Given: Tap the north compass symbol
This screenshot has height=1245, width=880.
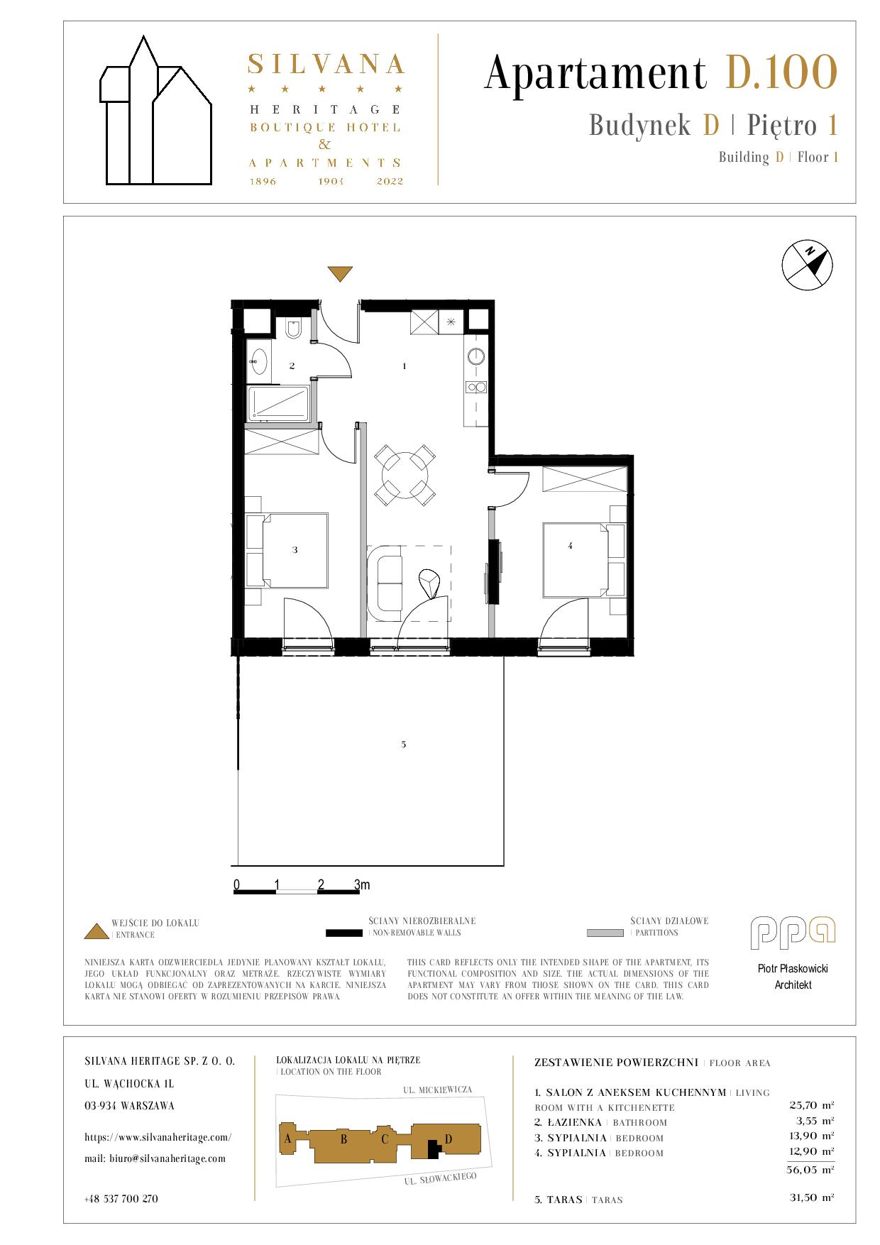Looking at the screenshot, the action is click(807, 265).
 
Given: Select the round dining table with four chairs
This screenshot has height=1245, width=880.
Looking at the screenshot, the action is click(405, 475).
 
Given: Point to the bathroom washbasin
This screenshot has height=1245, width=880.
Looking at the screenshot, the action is click(260, 361).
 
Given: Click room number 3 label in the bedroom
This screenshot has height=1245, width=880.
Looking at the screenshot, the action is click(295, 549).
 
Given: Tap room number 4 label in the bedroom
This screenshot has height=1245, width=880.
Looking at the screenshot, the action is click(570, 545).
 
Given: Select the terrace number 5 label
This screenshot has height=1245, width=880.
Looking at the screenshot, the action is click(403, 744).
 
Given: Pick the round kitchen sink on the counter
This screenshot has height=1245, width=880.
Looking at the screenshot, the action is click(475, 356).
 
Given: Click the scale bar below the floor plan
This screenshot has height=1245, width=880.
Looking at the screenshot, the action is click(297, 890).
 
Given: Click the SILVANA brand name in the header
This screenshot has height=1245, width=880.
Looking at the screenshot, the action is click(326, 64).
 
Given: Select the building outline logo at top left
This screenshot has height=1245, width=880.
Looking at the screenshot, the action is click(155, 111).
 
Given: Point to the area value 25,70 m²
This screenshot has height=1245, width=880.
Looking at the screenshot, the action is click(811, 1105).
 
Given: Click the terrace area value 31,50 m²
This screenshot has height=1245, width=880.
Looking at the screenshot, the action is click(811, 1197).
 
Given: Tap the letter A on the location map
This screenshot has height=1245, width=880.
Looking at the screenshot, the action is click(287, 1139).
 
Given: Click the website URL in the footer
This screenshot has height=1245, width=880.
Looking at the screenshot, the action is click(158, 1136).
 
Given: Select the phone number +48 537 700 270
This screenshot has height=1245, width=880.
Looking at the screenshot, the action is click(121, 1199).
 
